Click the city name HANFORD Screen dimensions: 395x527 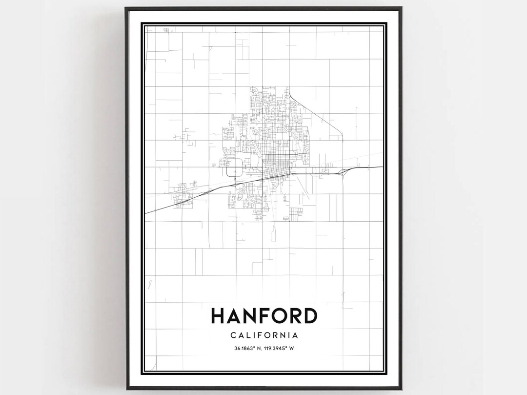(264, 316)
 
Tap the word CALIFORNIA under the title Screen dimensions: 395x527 (264, 335)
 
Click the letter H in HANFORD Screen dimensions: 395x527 (218, 316)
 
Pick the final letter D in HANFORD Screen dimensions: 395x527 (309, 316)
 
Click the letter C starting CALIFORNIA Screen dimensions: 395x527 (232, 335)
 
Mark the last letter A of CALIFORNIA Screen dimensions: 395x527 (295, 335)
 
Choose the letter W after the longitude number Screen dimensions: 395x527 (298, 348)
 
